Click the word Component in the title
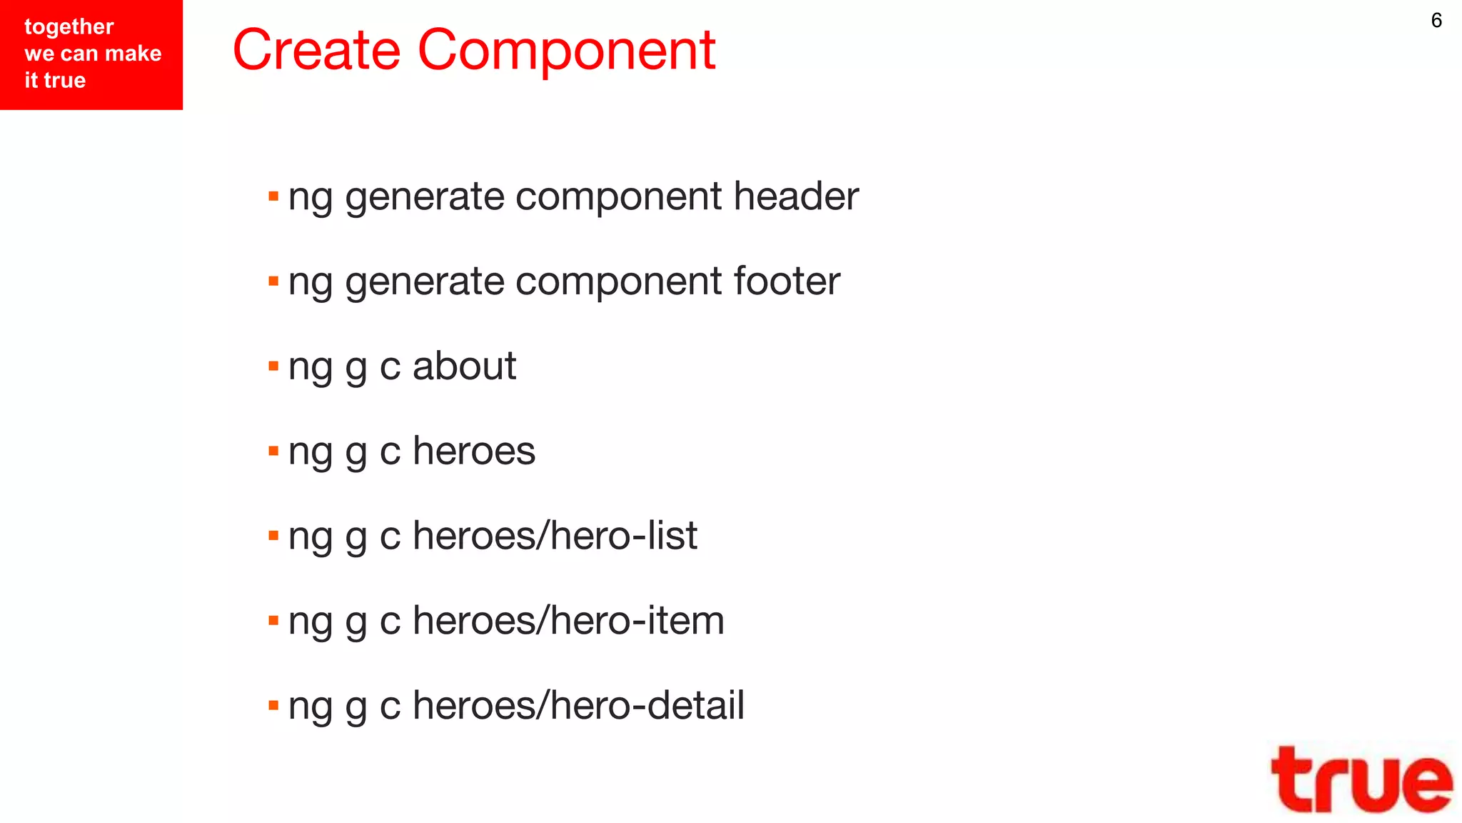click(566, 51)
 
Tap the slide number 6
click(1436, 20)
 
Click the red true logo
click(1361, 780)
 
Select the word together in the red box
click(69, 27)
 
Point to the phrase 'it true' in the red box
click(55, 80)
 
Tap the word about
click(464, 366)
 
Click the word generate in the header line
click(425, 197)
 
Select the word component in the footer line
click(618, 282)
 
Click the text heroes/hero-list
click(555, 536)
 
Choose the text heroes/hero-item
click(568, 620)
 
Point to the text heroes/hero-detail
click(578, 705)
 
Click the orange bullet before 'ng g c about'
click(273, 366)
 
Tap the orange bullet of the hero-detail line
click(273, 706)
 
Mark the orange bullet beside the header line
click(273, 196)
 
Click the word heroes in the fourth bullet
click(474, 451)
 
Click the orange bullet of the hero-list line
click(273, 536)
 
